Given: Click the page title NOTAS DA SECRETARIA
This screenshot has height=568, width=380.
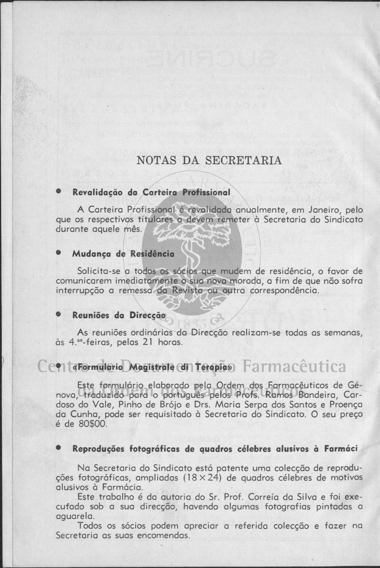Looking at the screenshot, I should pyautogui.click(x=209, y=160).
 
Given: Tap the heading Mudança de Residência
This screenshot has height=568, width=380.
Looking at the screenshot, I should pyautogui.click(x=123, y=253).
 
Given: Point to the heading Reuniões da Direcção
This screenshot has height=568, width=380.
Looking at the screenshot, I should pyautogui.click(x=119, y=315).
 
